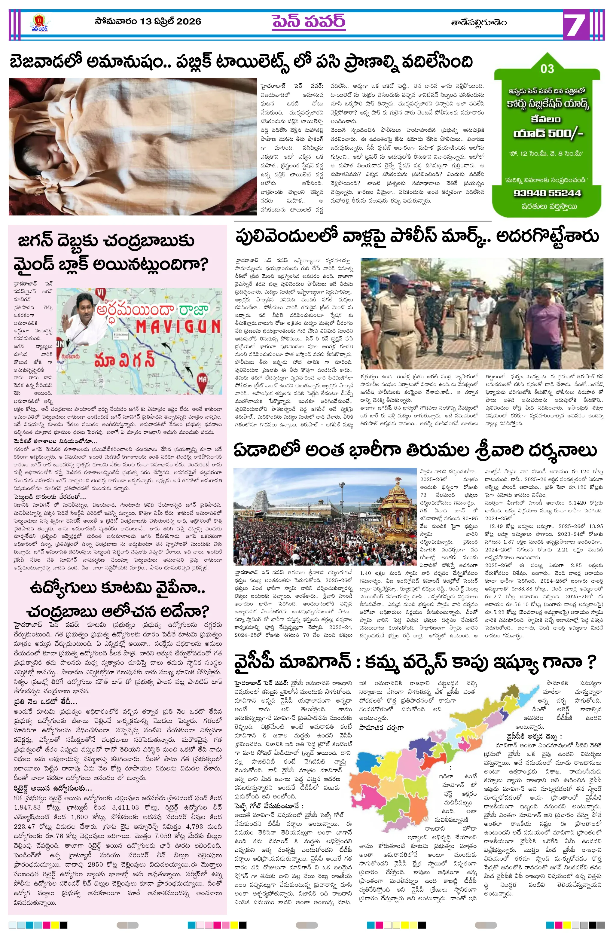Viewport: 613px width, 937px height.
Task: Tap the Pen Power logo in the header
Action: pos(39,23)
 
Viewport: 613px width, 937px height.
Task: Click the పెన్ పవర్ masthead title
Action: pos(308,22)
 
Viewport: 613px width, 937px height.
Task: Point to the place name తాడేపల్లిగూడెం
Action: pos(479,23)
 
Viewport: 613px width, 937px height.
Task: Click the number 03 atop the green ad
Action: pos(547,69)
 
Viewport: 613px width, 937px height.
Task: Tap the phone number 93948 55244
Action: pos(547,193)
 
